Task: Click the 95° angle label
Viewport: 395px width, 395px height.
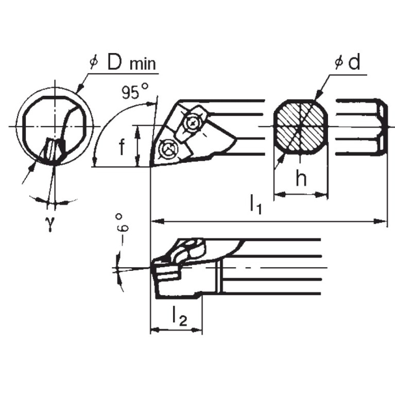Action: (135, 93)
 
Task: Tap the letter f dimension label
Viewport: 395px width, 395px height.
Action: (122, 148)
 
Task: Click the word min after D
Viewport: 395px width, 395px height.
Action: (143, 64)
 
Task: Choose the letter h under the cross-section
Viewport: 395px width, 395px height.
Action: (301, 178)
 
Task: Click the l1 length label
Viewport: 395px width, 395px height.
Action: (256, 204)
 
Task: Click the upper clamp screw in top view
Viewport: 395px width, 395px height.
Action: (193, 123)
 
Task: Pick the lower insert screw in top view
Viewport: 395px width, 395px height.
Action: (167, 149)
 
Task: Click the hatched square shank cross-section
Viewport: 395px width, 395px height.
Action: (300, 126)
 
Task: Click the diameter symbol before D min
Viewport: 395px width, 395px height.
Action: (93, 62)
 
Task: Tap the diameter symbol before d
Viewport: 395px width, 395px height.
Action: (338, 63)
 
